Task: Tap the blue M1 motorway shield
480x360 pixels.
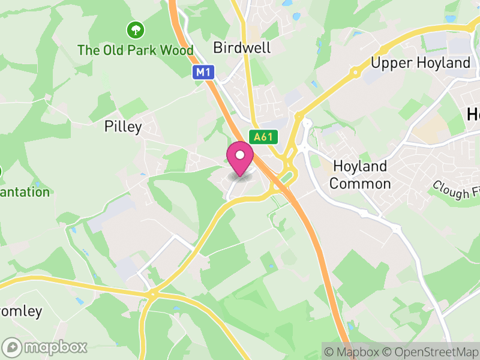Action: coord(203,73)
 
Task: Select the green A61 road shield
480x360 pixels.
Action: coord(263,137)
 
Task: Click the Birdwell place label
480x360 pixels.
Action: coord(242,48)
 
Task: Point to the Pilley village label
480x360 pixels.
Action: coord(123,127)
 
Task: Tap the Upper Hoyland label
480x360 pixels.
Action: coord(421,63)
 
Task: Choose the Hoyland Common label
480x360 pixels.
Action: coord(360,175)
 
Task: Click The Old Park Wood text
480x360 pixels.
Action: coord(136,50)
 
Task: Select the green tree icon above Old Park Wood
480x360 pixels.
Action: coord(136,29)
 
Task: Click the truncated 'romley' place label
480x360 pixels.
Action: coord(21,311)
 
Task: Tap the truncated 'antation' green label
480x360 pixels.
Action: coord(25,193)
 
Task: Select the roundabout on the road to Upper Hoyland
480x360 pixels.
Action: coord(355,73)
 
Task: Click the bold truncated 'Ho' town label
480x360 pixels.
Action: coord(473,113)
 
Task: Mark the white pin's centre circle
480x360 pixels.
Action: coord(240,155)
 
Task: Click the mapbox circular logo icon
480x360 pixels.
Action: coord(13,347)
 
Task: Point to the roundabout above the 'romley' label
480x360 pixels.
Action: coord(153,293)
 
